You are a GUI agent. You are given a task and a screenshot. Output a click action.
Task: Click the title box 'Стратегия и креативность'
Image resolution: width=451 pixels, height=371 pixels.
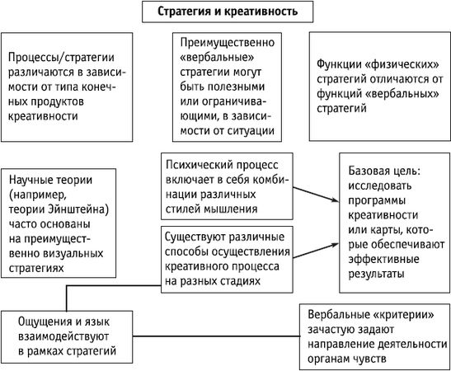(226, 12)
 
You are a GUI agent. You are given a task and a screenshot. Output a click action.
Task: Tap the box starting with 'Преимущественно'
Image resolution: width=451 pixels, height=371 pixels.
(226, 86)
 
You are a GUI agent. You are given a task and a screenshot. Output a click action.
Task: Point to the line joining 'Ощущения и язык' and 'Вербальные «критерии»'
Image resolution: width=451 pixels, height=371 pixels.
(214, 337)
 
